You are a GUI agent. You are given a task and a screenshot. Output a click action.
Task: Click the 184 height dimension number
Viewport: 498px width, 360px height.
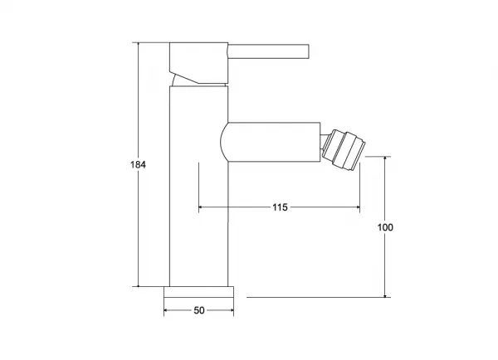138,164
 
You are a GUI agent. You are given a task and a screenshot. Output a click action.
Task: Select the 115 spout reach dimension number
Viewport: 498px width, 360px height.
280,207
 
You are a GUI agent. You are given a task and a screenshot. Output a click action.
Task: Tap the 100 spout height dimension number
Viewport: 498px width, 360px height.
385,227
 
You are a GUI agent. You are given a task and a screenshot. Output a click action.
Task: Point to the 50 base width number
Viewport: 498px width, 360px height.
199,310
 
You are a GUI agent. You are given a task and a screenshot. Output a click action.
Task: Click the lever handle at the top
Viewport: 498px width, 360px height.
269,51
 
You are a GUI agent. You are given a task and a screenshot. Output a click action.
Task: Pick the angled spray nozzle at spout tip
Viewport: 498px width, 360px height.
344,149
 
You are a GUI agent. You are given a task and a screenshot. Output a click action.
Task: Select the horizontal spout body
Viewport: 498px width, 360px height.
271,142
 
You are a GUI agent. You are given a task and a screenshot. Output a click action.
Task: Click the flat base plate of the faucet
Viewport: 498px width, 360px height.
199,292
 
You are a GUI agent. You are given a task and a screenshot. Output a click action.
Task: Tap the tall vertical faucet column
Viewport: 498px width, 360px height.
199,186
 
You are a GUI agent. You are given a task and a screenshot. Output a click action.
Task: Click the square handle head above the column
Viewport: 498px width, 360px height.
199,63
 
